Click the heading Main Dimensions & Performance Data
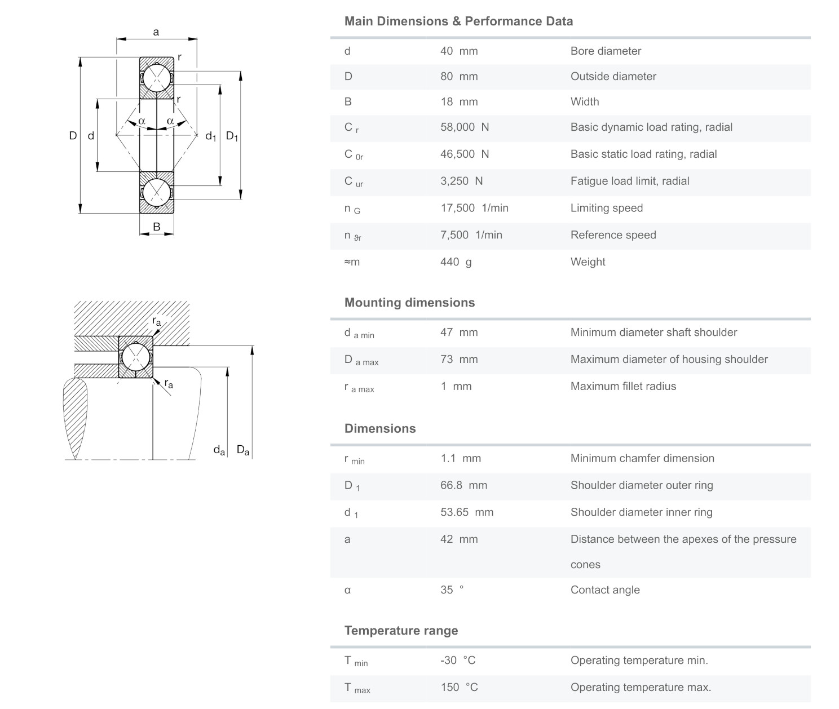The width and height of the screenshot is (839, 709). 458,21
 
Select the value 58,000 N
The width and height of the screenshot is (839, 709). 465,127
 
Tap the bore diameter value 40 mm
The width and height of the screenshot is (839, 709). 459,51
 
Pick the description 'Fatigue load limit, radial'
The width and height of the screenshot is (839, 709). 630,181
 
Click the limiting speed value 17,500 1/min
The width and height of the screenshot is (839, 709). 474,209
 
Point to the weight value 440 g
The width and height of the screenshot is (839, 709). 456,262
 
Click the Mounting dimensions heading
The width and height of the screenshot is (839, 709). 409,303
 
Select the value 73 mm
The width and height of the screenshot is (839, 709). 459,360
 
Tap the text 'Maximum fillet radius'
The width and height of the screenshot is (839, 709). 623,387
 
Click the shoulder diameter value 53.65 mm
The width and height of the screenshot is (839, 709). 467,513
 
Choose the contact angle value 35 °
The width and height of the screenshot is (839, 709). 452,590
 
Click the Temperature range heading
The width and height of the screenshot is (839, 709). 401,631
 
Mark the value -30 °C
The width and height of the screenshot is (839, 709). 458,661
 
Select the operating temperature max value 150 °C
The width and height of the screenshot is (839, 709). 459,688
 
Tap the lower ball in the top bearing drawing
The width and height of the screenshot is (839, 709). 157,192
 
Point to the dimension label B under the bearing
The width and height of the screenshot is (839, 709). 157,227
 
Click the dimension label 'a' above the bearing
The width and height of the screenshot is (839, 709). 156,32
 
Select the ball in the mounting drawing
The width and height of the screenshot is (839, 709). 136,357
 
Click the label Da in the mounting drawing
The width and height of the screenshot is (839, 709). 243,450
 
